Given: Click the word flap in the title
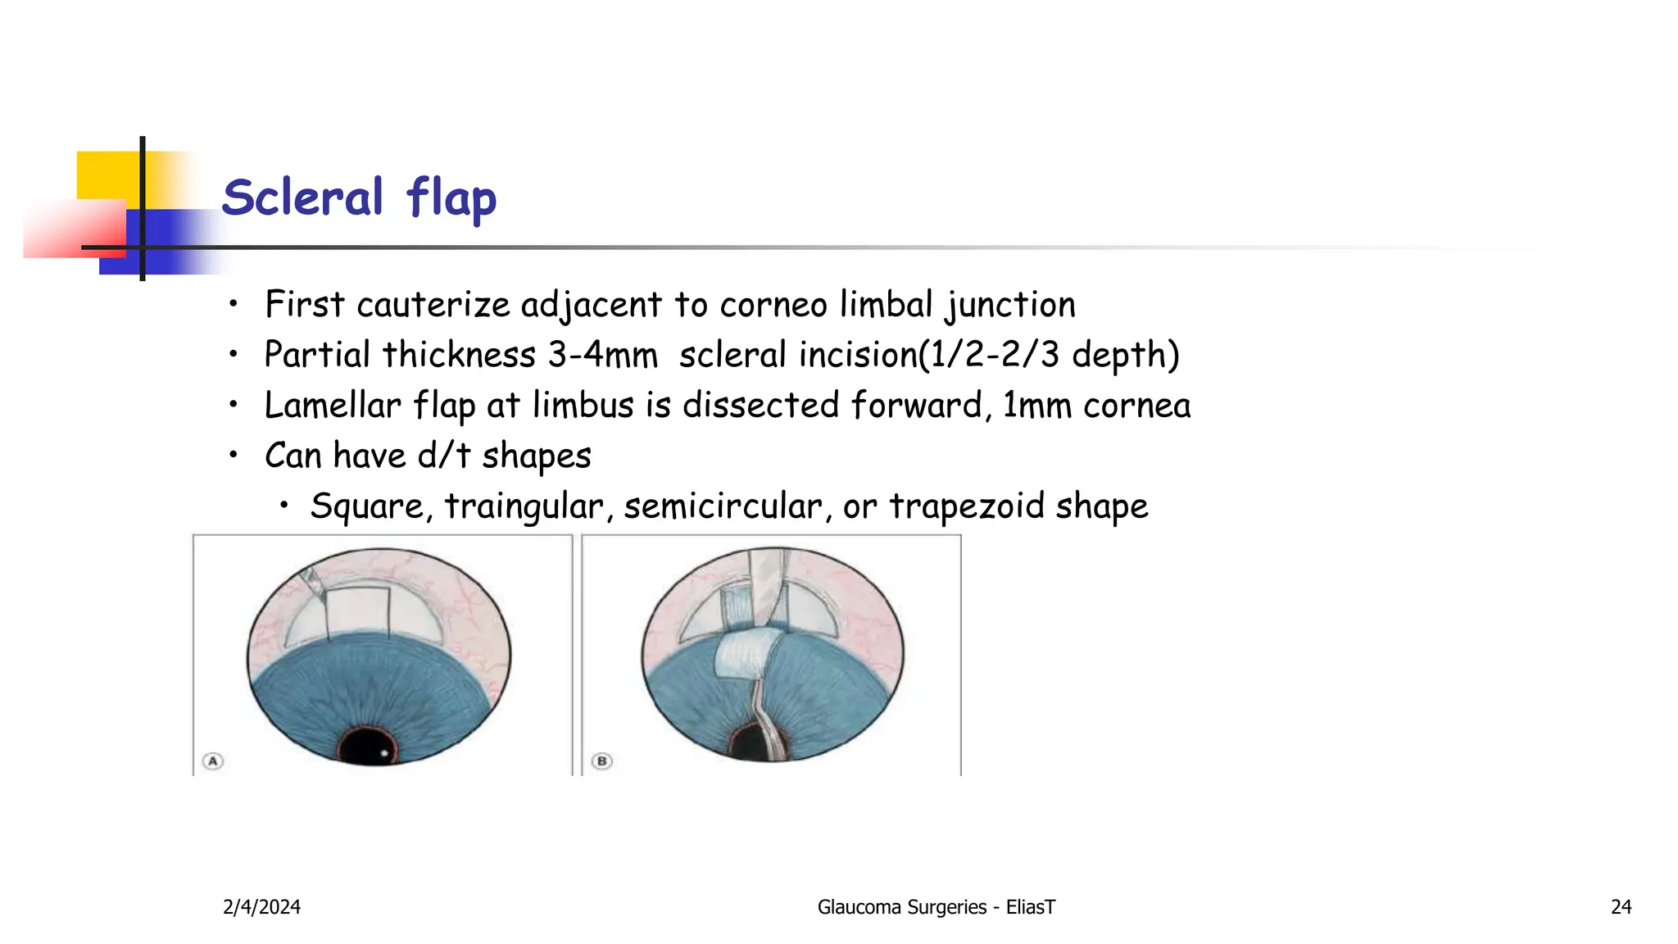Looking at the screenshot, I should [x=451, y=199].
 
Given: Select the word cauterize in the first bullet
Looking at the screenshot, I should [x=433, y=305].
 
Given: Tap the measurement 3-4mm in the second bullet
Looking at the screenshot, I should [x=603, y=356].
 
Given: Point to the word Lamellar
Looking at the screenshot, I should [x=333, y=406].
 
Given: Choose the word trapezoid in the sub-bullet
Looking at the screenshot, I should [x=967, y=506].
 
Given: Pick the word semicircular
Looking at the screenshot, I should [x=723, y=506].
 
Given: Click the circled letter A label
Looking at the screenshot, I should [x=213, y=761].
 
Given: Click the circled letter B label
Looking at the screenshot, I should [x=602, y=761].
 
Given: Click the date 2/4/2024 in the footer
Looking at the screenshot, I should [x=261, y=907].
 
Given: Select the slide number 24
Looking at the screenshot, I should [x=1621, y=907].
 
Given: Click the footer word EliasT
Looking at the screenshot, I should [x=1030, y=907].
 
